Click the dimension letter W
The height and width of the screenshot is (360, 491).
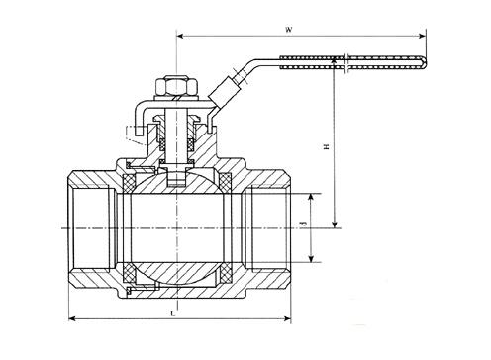pyautogui.click(x=289, y=30)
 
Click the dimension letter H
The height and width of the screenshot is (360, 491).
pyautogui.click(x=327, y=146)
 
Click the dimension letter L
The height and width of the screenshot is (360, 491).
pyautogui.click(x=172, y=313)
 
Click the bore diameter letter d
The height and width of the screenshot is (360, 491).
pyautogui.click(x=304, y=224)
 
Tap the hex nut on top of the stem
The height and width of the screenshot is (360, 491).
pyautogui.click(x=176, y=87)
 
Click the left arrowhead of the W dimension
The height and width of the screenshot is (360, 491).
pyautogui.click(x=180, y=36)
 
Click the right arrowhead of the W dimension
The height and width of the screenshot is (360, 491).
pyautogui.click(x=422, y=36)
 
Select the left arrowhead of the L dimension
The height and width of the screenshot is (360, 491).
pyautogui.click(x=72, y=318)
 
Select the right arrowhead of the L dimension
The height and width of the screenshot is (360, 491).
pyautogui.click(x=288, y=318)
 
